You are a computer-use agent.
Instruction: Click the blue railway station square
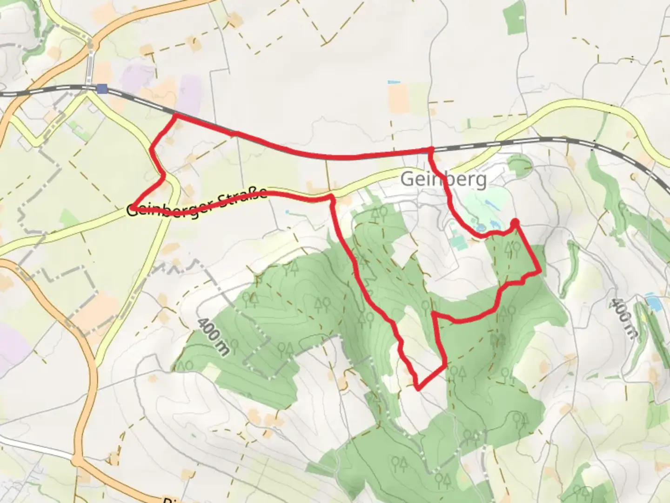click(x=102, y=89)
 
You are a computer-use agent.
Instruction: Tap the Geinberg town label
click(x=443, y=179)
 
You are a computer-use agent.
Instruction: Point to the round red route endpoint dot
click(x=515, y=223)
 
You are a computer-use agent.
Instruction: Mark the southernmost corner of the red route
click(x=419, y=388)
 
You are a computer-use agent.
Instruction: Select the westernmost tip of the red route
click(x=133, y=207)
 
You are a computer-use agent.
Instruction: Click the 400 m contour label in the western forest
click(x=213, y=336)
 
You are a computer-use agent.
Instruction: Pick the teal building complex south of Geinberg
click(x=458, y=241)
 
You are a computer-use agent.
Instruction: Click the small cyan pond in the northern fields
click(x=394, y=82)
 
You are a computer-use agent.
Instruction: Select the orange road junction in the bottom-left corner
click(x=77, y=461)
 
